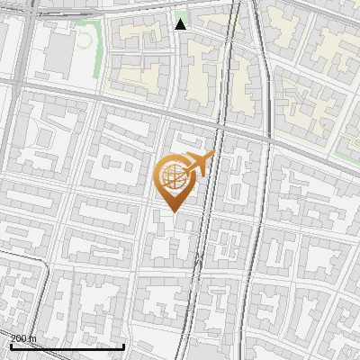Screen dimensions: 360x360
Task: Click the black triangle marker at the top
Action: pyautogui.click(x=181, y=24)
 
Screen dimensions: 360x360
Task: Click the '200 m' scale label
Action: pyautogui.click(x=23, y=337)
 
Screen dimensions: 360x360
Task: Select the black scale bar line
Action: pyautogui.click(x=67, y=346)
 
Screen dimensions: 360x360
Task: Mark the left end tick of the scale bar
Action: pyautogui.click(x=11, y=344)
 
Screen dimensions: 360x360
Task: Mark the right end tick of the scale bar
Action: pyautogui.click(x=123, y=344)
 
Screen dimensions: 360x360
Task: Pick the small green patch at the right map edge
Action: pyautogui.click(x=346, y=152)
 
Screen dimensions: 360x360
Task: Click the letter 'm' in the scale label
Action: pyautogui.click(x=32, y=337)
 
